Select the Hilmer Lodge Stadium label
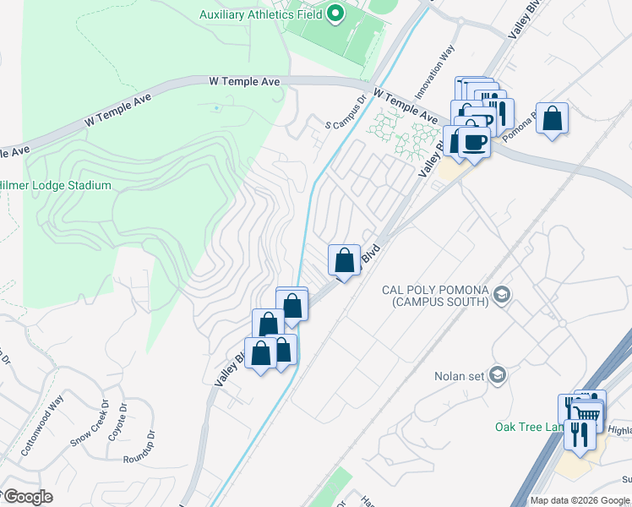coord(55,185)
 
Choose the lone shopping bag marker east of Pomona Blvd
coord(552,118)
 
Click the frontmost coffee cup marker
coord(476,141)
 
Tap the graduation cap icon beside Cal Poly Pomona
coord(503,294)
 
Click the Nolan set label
coord(457,376)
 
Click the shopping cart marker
coord(587,413)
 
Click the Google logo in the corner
coord(27,497)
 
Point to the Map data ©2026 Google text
coord(580,500)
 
